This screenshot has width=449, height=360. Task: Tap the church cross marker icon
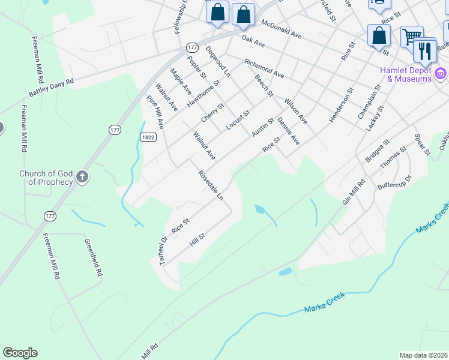[82, 178]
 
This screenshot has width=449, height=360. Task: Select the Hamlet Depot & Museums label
[406, 74]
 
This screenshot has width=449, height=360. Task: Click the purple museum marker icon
[441, 74]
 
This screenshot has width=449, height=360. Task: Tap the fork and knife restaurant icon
[426, 50]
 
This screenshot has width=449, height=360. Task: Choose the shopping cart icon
[412, 37]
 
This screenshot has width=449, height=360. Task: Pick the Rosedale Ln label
[211, 185]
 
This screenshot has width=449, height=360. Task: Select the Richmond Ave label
[264, 68]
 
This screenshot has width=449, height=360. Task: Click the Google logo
[20, 353]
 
